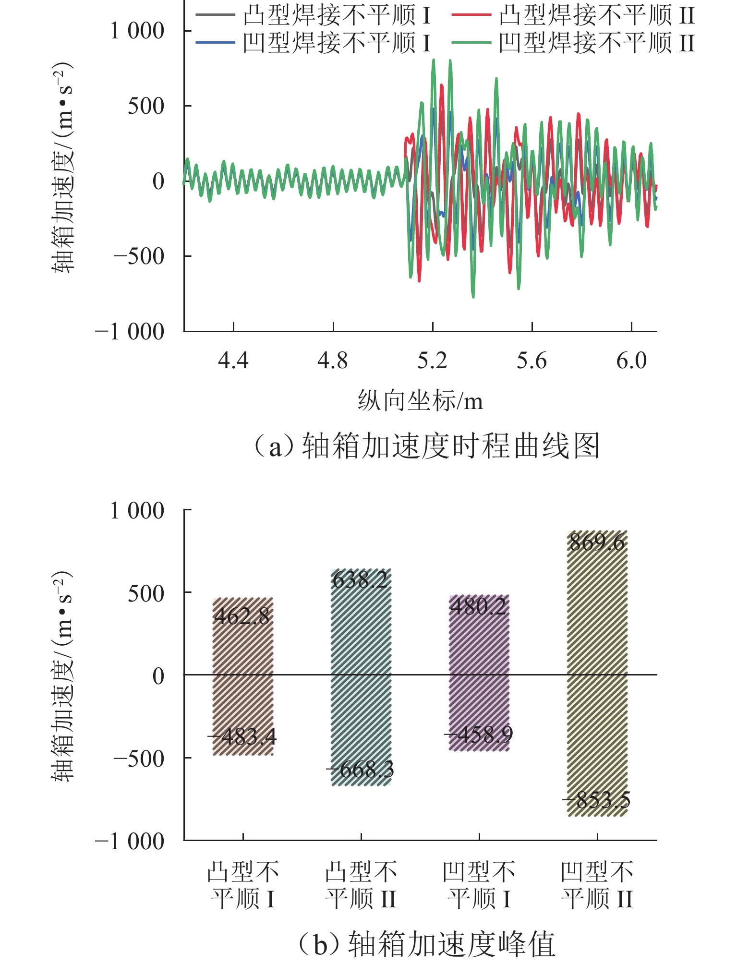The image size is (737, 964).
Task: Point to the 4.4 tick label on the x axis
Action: (233, 360)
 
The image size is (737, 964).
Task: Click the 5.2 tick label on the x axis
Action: (432, 360)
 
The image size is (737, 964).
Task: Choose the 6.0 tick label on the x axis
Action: (631, 360)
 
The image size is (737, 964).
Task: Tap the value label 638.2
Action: (360, 580)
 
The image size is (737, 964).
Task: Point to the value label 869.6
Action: (597, 542)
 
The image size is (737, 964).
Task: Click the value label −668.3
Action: (360, 770)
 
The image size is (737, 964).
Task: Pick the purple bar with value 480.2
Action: (479, 672)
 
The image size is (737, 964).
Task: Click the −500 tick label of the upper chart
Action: (139, 256)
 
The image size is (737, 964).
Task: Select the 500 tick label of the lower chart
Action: (146, 594)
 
